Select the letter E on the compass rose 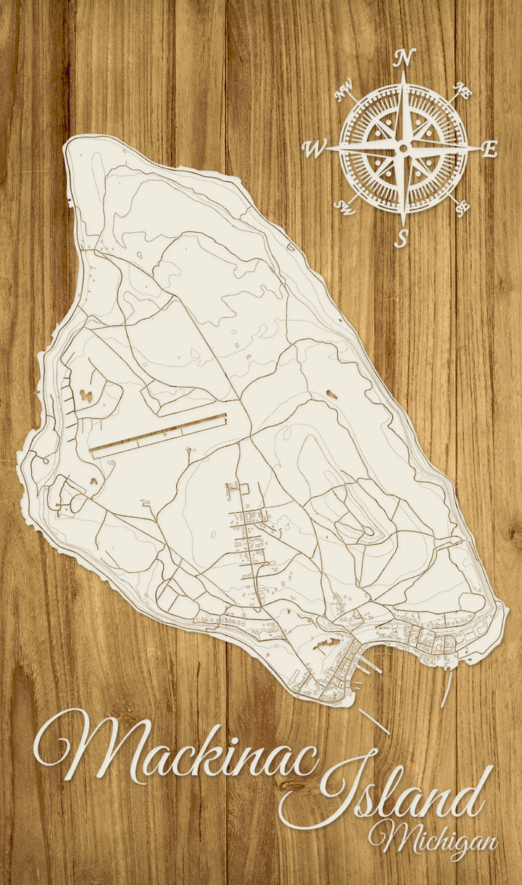click(490, 150)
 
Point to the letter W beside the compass click(315, 149)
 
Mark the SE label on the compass click(462, 208)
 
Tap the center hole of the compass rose click(403, 148)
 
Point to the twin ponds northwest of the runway click(86, 396)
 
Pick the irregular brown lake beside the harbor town click(326, 643)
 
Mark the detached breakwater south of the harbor click(374, 721)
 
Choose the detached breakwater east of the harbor click(446, 688)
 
